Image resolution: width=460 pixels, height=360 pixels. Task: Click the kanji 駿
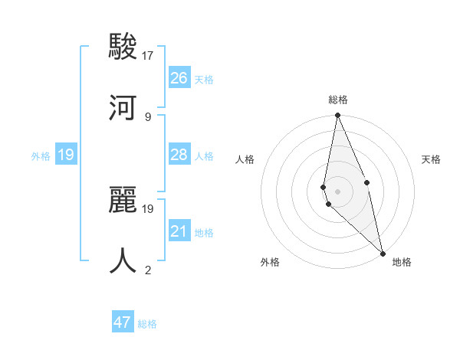pos(123,47)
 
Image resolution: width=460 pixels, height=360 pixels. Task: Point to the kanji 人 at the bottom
pos(123,260)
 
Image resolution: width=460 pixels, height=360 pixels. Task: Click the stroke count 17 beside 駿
pos(148,56)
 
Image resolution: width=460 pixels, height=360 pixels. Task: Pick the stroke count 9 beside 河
pos(148,116)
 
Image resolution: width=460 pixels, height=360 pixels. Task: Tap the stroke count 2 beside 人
pos(148,270)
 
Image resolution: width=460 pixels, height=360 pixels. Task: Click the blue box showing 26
pos(179,78)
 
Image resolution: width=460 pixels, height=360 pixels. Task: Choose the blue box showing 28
pos(179,155)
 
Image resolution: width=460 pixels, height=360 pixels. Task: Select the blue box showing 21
pos(179,231)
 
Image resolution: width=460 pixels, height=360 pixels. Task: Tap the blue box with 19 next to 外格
pos(66,155)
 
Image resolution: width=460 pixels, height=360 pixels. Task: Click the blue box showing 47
pos(123,322)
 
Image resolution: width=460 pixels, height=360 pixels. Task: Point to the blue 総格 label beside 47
pos(147,324)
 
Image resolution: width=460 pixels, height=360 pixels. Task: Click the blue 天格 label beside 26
pos(204,80)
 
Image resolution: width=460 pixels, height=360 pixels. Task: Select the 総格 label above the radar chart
pos(338,100)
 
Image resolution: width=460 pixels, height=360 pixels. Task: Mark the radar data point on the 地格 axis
pos(383,253)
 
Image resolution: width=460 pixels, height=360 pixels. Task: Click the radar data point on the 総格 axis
pos(337,116)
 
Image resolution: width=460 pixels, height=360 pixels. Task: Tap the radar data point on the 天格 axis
pos(366,182)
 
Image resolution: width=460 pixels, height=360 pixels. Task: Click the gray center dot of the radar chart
pos(337,191)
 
